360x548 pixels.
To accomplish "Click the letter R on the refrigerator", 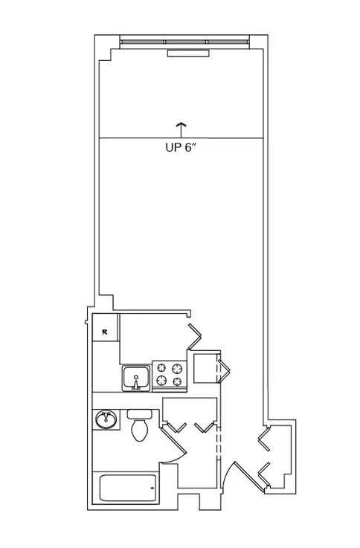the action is tap(105, 332).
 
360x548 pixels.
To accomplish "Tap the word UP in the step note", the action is tap(173, 147).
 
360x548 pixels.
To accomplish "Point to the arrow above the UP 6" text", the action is tap(181, 130).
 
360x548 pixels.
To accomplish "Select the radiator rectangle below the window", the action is tap(188, 53).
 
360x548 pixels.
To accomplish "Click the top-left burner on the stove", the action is tap(161, 367).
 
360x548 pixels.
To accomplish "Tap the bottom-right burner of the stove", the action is tap(178, 381).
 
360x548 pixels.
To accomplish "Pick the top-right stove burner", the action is tap(178, 368).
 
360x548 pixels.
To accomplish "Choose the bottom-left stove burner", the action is tap(161, 380).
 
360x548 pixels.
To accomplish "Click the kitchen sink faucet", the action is tap(136, 383).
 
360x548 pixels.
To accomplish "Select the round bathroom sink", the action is tap(106, 419).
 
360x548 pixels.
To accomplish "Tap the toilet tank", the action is tap(140, 414).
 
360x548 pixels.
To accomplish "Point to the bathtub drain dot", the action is tap(152, 488).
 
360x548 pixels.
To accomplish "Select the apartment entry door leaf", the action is tap(249, 477).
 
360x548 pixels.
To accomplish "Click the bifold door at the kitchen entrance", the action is tap(195, 337).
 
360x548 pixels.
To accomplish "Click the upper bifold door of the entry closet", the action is tap(264, 437).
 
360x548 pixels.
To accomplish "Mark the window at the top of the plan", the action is tap(184, 42).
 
